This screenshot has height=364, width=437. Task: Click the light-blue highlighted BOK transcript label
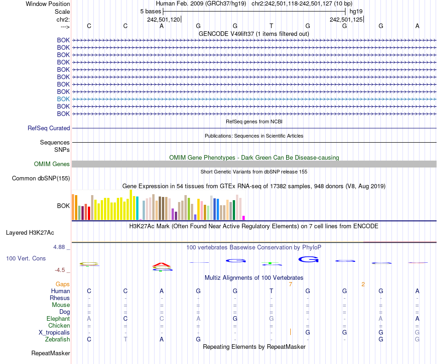[x=63, y=99]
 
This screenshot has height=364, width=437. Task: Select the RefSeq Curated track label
[x=49, y=128]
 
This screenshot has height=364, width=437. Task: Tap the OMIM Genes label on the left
[x=52, y=164]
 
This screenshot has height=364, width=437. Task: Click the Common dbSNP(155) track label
[x=41, y=179]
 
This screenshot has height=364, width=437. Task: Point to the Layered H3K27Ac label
[x=30, y=232]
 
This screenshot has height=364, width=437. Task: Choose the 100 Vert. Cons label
[x=26, y=259]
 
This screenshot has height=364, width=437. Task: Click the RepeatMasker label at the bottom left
[x=51, y=353]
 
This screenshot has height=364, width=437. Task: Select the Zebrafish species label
[x=58, y=339]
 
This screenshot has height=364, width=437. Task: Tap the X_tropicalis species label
[x=54, y=332]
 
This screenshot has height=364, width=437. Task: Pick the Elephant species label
[x=58, y=318]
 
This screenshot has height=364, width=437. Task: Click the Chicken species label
[x=59, y=325]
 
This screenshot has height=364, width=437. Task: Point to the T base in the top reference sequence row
[x=271, y=26]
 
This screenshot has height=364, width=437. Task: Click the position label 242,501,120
[x=163, y=19]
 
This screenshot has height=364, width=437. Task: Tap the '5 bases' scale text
[x=151, y=11]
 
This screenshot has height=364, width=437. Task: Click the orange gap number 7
[x=290, y=284]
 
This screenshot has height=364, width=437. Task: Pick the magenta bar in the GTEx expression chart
[x=244, y=218]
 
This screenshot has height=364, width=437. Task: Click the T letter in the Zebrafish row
[x=125, y=339]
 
